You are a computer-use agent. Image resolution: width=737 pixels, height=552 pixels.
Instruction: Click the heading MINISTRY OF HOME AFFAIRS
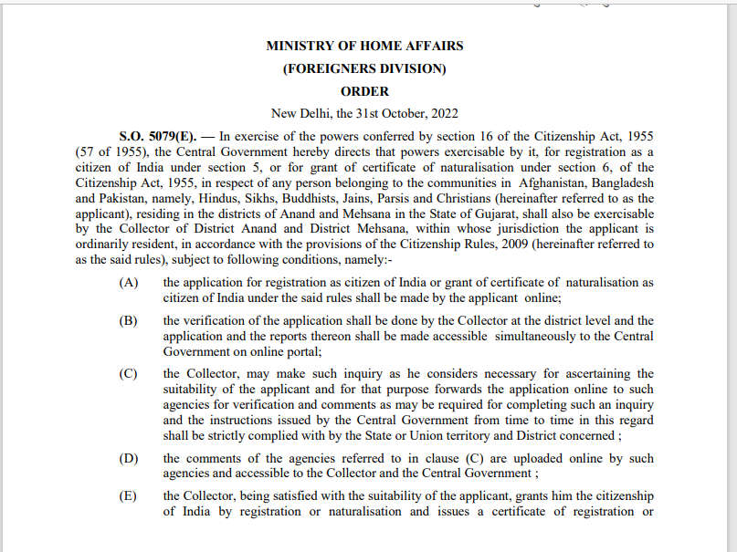[x=364, y=46]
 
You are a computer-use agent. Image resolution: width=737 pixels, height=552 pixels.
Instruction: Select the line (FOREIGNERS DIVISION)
[x=364, y=68]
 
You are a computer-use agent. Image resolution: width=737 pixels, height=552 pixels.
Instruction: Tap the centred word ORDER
[x=364, y=91]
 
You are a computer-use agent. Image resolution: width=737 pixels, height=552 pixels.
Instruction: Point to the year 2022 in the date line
[x=444, y=114]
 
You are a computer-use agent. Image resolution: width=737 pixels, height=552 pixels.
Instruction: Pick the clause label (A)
[x=129, y=283]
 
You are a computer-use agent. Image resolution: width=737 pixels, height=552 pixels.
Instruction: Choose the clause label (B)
[x=129, y=321]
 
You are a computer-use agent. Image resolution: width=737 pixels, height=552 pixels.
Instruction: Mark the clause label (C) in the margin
[x=129, y=374]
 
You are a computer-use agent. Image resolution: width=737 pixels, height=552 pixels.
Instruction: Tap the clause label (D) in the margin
[x=129, y=458]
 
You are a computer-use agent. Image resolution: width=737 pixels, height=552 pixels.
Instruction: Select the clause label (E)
[x=129, y=496]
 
